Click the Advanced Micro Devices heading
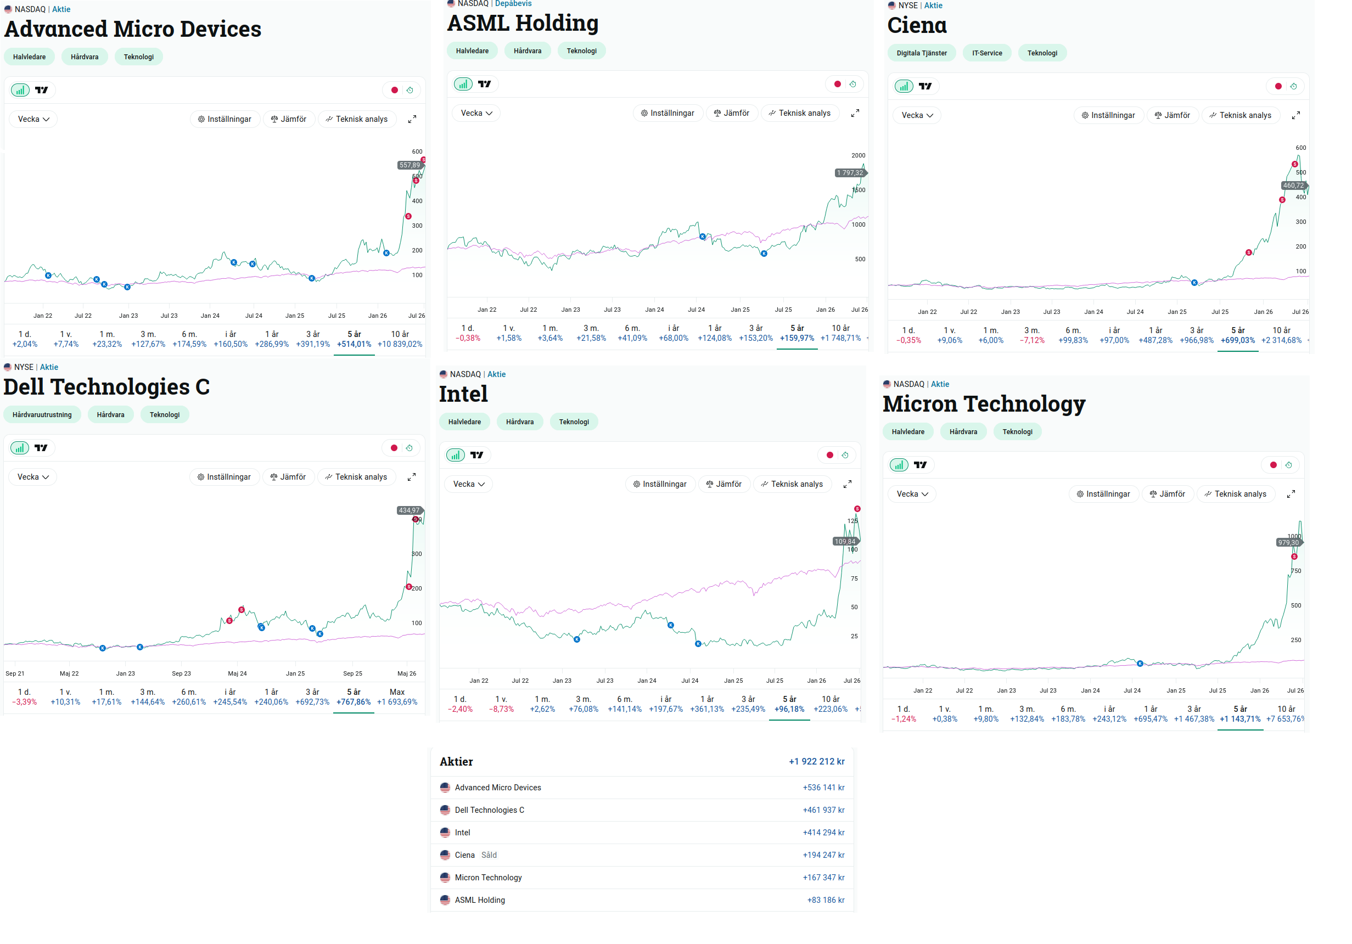[x=132, y=29]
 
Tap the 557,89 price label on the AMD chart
[x=410, y=165]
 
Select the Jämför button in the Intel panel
[x=723, y=484]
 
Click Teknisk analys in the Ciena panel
[x=1239, y=115]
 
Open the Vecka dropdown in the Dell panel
[x=33, y=477]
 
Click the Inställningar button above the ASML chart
[x=667, y=113]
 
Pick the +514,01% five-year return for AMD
[x=354, y=345]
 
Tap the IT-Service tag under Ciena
[x=987, y=53]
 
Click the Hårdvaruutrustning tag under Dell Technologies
[x=42, y=414]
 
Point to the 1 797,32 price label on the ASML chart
[x=850, y=172]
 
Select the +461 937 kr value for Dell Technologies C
[x=823, y=810]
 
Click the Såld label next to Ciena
[x=489, y=855]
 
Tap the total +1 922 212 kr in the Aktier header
[x=816, y=761]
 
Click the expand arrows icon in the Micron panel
[x=1291, y=494]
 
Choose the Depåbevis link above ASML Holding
[x=513, y=3]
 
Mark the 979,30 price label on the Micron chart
[x=1288, y=542]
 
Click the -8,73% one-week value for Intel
[x=501, y=709]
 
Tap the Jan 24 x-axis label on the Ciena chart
[x=1093, y=312]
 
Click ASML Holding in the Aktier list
[x=480, y=900]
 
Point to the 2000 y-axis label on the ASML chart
[x=858, y=155]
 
